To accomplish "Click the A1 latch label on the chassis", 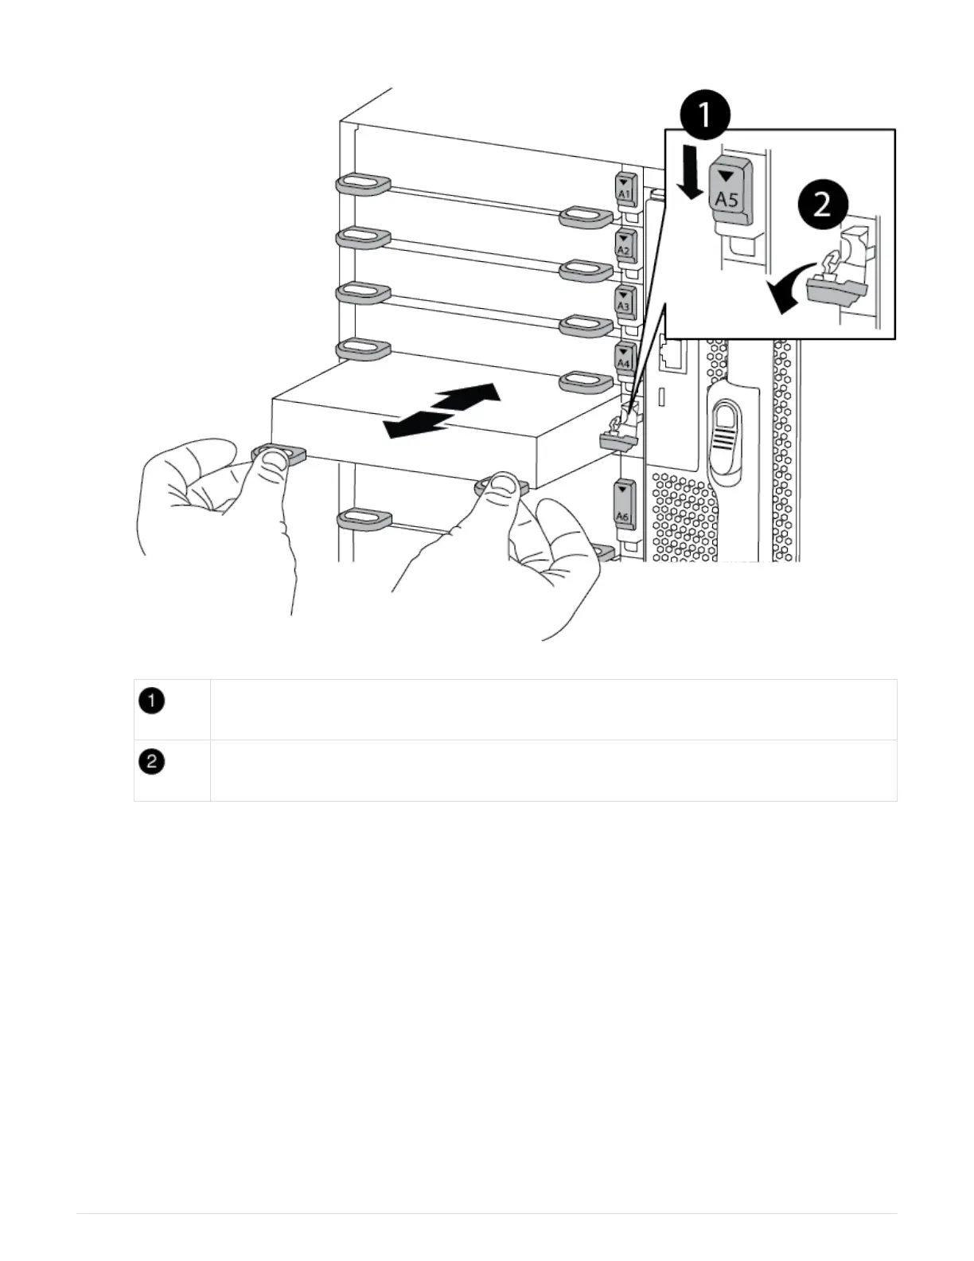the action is tap(624, 189).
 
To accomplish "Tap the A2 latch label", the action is tap(624, 245).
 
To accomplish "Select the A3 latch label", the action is tap(624, 301).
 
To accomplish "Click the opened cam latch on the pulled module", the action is tap(618, 431).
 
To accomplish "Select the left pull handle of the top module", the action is tap(362, 184).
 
